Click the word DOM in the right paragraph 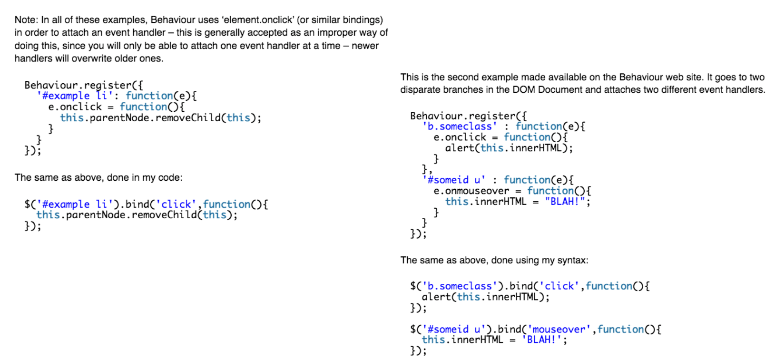tap(524, 90)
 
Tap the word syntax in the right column tap(573, 260)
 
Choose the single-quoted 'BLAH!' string tap(542, 340)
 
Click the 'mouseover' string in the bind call tap(559, 329)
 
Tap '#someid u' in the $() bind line tap(448, 329)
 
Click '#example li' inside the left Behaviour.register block tap(74, 96)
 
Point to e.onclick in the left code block tap(75, 107)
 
